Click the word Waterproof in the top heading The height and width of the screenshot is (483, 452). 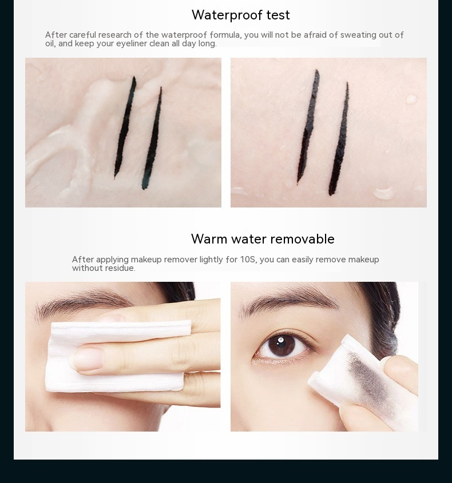pos(227,15)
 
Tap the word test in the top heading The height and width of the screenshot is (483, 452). pos(278,15)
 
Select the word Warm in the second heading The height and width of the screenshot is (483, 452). pos(209,239)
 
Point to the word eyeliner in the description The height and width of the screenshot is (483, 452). pos(132,43)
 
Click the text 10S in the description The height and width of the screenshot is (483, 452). pos(248,260)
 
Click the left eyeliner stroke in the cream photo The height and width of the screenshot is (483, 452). pos(125,127)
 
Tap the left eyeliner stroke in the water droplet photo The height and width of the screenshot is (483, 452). pos(308,127)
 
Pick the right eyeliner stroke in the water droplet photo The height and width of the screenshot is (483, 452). pos(339,139)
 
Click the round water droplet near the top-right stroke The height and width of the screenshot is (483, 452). pos(411,99)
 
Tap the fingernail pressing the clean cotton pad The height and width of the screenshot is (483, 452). pos(86,358)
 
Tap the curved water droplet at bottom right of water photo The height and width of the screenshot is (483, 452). pos(384,193)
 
